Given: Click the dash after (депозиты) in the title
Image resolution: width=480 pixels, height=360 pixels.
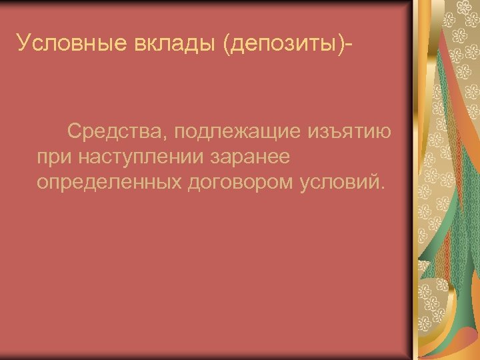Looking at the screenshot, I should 349,45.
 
